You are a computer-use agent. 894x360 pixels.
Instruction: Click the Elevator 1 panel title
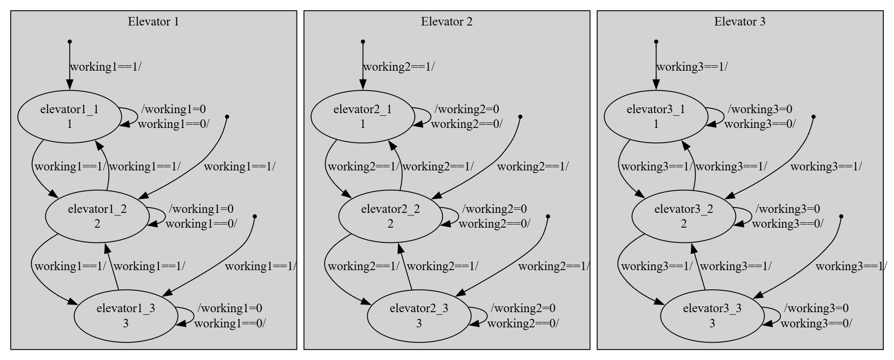pos(153,21)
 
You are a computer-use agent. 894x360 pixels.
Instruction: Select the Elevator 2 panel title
pos(446,21)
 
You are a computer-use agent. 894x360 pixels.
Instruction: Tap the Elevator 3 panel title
pos(740,21)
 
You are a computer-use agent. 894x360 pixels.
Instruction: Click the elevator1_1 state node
pos(69,117)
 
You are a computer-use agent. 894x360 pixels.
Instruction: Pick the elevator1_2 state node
pos(97,216)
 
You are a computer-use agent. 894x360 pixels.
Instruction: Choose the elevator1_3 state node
pos(126,316)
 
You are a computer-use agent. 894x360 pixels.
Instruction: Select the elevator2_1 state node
pos(363,117)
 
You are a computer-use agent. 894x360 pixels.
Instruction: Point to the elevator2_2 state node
pos(390,216)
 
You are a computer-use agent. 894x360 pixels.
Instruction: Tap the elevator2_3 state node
pos(419,316)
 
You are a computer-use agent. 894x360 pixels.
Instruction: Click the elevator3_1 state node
pos(656,117)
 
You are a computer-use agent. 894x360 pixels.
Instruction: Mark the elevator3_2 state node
pos(684,216)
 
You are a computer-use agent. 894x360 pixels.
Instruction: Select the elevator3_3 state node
pos(712,316)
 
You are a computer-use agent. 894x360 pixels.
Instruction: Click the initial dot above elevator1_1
pos(69,42)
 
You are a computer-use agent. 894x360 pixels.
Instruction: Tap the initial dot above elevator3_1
pos(656,42)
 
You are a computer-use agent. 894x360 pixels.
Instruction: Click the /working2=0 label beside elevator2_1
pos(466,109)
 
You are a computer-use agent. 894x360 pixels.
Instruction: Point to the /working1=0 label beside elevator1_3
pos(229,308)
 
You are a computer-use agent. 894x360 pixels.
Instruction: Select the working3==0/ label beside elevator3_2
pos(787,224)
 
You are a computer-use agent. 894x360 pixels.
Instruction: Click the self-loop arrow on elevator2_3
pos(485,316)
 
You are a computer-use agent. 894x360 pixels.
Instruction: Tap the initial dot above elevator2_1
pos(363,42)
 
